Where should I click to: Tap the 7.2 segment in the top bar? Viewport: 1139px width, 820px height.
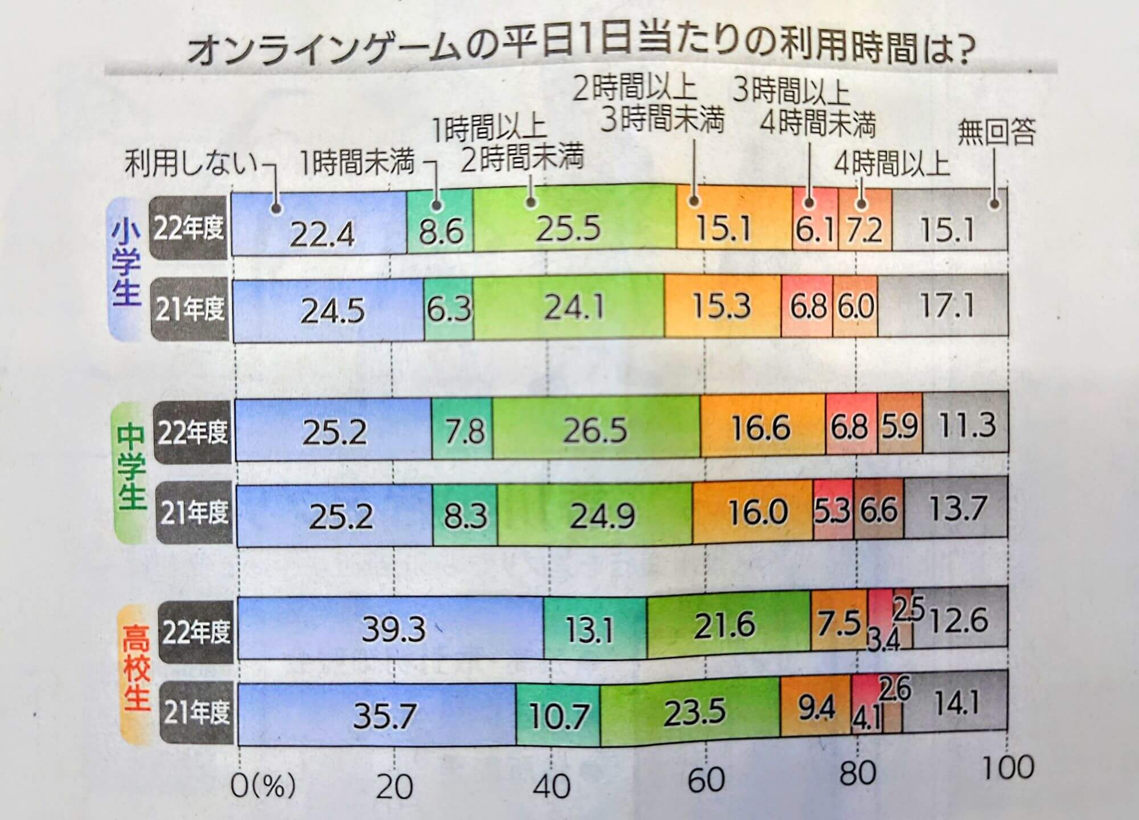click(865, 229)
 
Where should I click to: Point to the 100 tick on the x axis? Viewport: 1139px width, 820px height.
click(1009, 768)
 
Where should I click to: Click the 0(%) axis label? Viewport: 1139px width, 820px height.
click(263, 786)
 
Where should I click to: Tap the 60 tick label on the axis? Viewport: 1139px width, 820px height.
click(706, 779)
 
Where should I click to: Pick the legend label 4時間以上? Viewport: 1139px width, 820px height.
click(892, 165)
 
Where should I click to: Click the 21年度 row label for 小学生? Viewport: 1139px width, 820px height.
click(190, 310)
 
